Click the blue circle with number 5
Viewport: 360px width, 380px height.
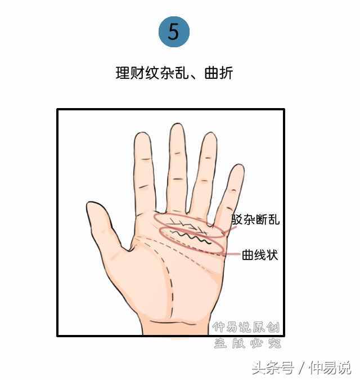pyautogui.click(x=174, y=32)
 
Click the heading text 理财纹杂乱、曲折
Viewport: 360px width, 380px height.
pyautogui.click(x=174, y=73)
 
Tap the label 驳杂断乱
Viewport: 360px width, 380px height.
pyautogui.click(x=255, y=220)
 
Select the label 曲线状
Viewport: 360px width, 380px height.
pyautogui.click(x=260, y=255)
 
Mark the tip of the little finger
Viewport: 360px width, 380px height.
pyautogui.click(x=238, y=168)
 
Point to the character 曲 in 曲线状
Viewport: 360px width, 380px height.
pyautogui.click(x=248, y=255)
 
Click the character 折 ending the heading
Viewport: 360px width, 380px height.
pyautogui.click(x=226, y=73)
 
